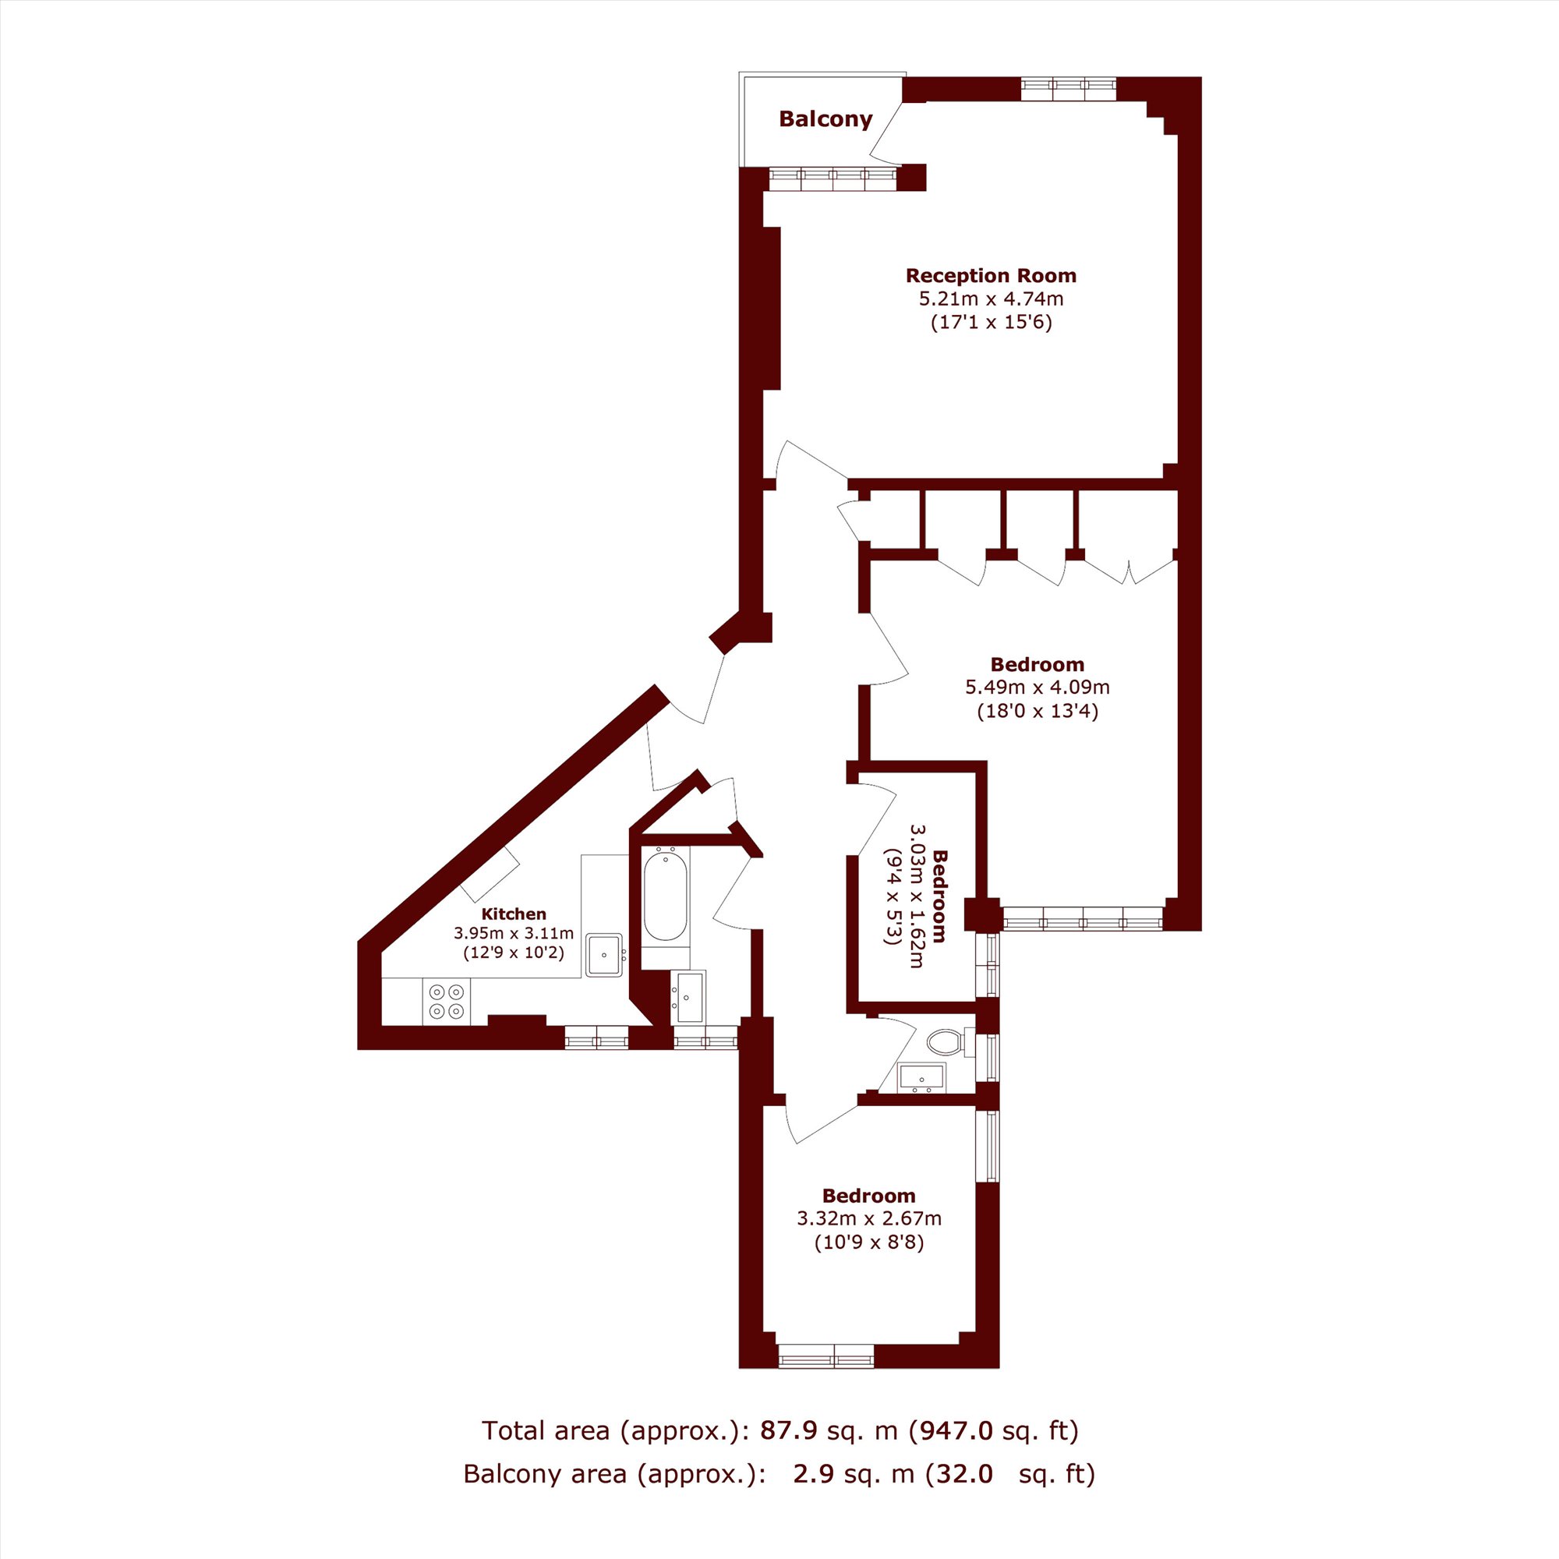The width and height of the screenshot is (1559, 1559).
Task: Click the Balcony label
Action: click(x=825, y=119)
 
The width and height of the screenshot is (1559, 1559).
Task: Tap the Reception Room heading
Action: click(x=991, y=276)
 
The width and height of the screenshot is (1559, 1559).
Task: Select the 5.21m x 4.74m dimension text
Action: click(x=991, y=299)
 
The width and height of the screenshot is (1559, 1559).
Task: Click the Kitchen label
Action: click(x=514, y=914)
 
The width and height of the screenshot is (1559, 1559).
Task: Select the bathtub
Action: click(x=665, y=893)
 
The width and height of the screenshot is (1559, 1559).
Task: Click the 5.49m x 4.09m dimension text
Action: click(x=1038, y=688)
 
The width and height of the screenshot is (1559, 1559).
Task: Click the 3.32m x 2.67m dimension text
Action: click(x=869, y=1218)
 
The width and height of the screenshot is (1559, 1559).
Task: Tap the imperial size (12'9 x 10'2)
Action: click(x=514, y=953)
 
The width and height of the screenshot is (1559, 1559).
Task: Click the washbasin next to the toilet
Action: click(x=921, y=1077)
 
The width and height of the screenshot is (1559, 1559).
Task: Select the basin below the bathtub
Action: click(x=688, y=998)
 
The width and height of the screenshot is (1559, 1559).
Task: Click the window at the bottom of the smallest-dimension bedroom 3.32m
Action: click(x=825, y=1356)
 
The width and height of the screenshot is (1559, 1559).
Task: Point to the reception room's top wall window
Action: click(x=1069, y=89)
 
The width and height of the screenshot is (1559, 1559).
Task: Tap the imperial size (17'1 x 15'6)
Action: click(x=992, y=323)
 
